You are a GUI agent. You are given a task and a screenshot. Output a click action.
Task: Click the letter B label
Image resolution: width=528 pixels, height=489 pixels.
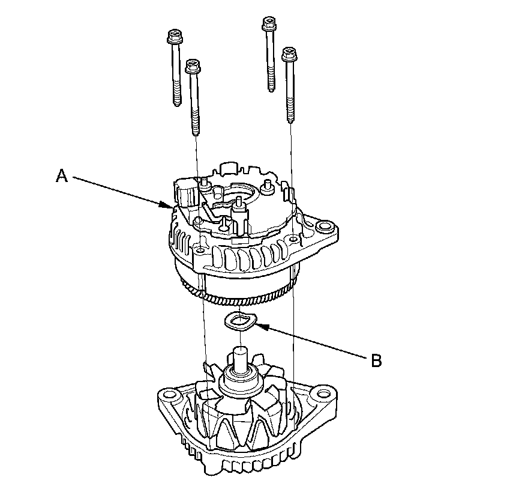tap(376, 360)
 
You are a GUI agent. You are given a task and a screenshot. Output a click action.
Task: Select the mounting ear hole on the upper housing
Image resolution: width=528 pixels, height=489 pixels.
tap(326, 228)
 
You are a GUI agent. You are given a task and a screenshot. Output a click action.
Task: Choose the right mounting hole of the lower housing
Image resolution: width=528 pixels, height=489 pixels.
tap(325, 394)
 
